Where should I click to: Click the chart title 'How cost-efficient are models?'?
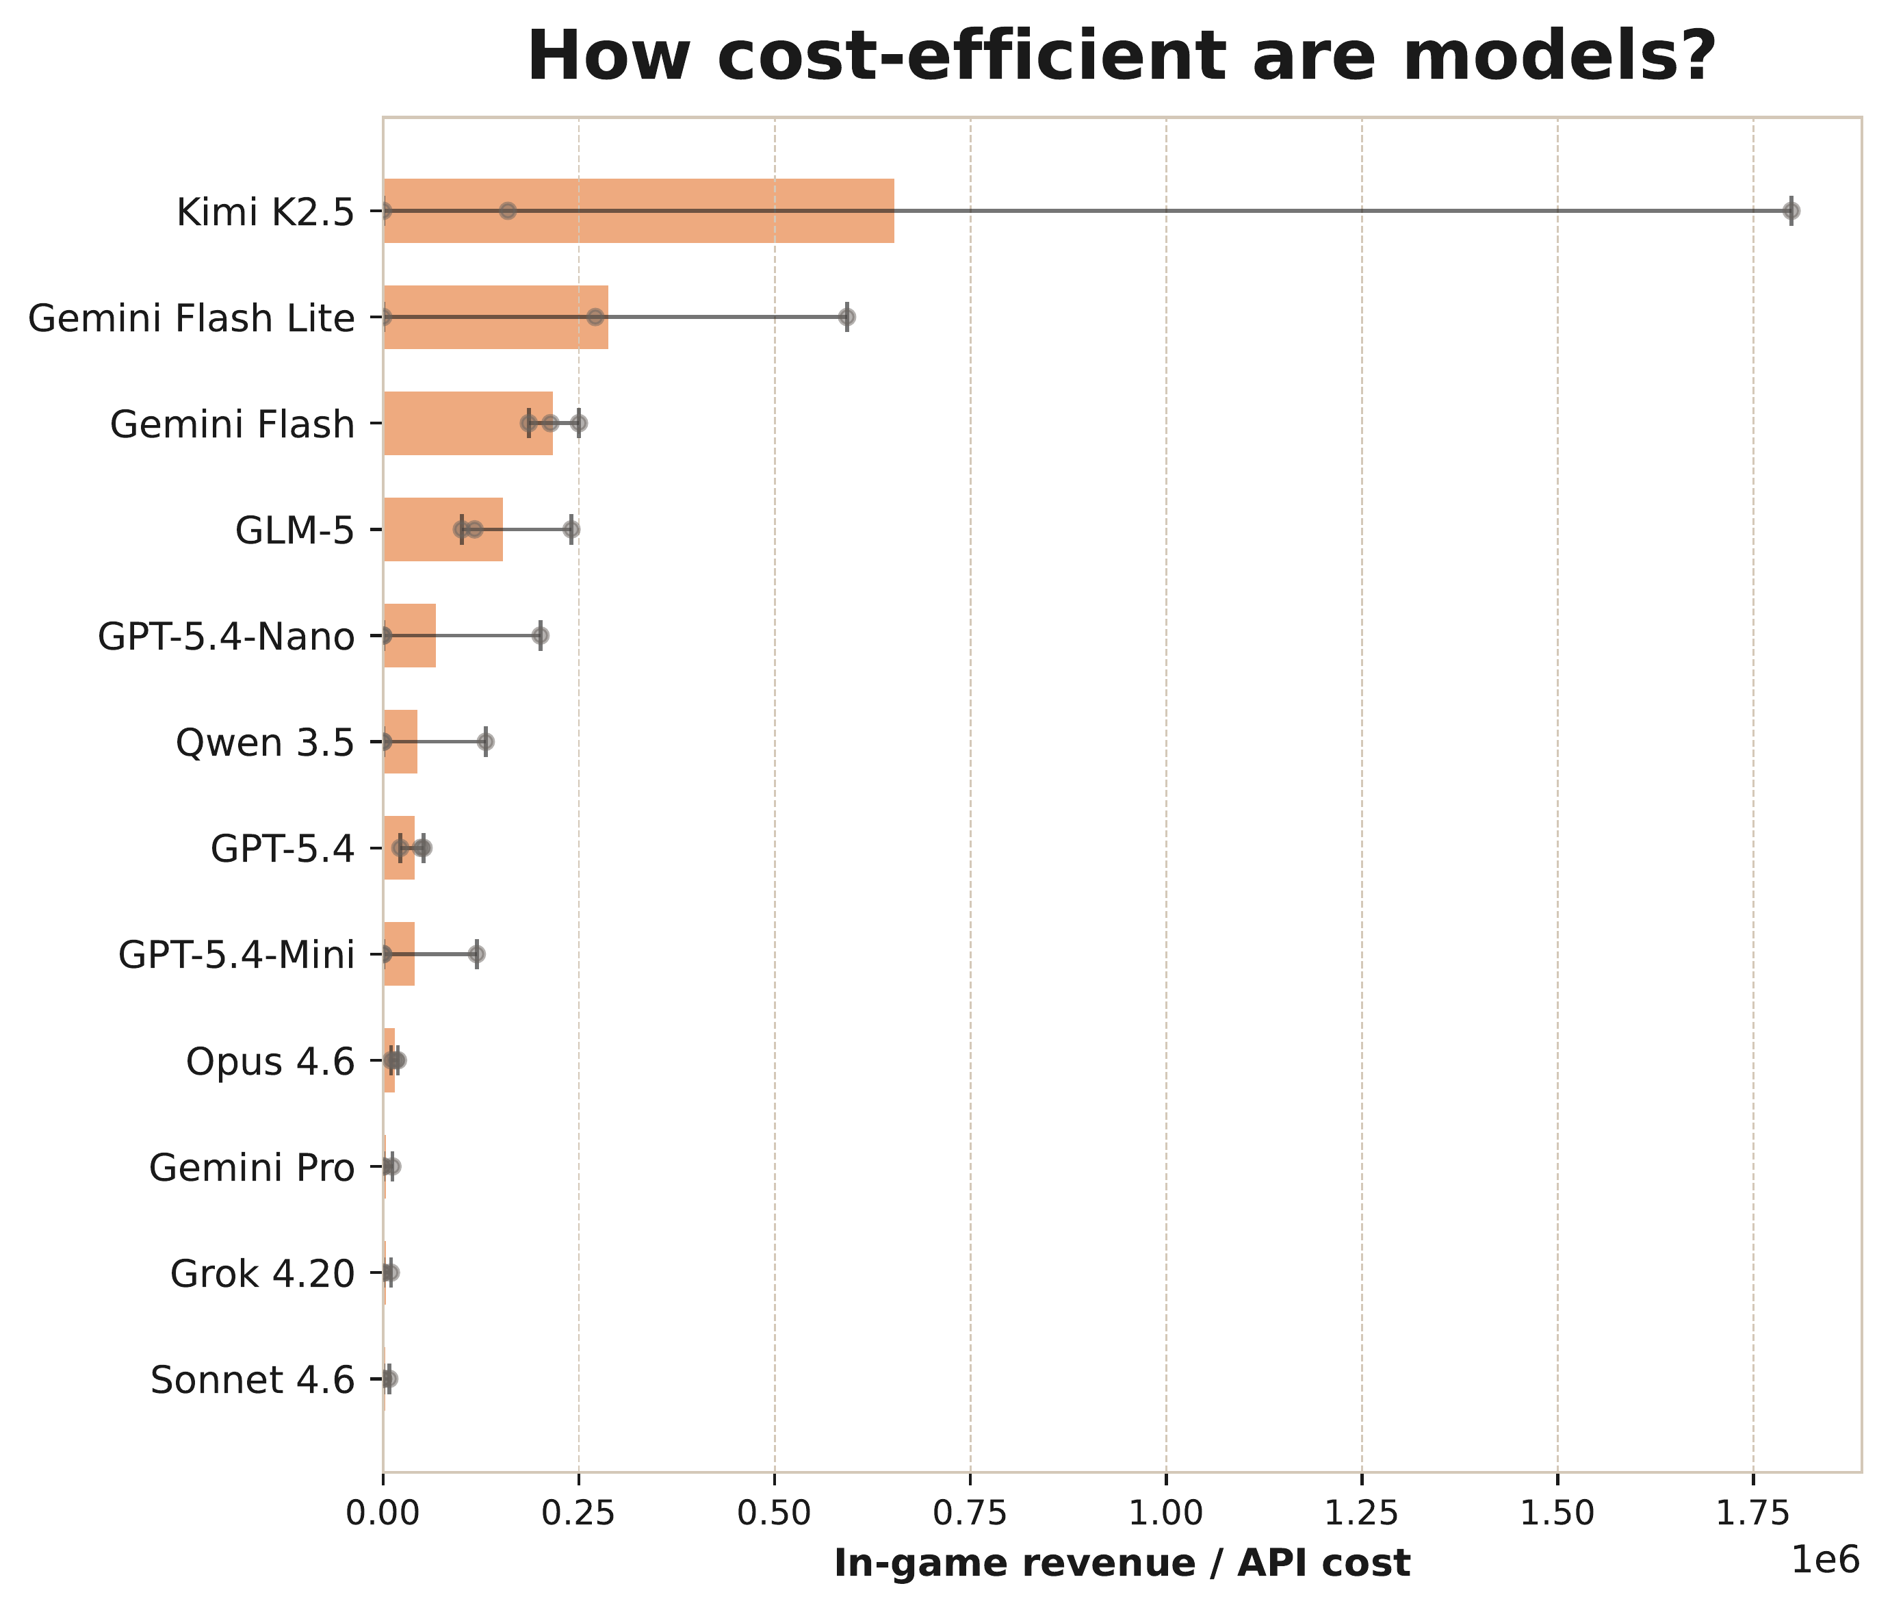pyautogui.click(x=1122, y=57)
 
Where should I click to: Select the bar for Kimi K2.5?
pyautogui.click(x=638, y=211)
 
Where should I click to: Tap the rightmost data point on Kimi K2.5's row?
pyautogui.click(x=1791, y=211)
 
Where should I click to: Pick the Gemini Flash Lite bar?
pyautogui.click(x=495, y=316)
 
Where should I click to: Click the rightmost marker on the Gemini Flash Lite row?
pyautogui.click(x=847, y=316)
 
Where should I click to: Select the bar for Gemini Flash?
pyautogui.click(x=468, y=423)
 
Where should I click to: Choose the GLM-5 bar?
pyautogui.click(x=443, y=529)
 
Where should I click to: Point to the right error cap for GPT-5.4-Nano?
pyautogui.click(x=540, y=636)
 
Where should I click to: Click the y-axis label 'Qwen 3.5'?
pyautogui.click(x=265, y=743)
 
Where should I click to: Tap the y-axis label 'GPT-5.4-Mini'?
pyautogui.click(x=236, y=955)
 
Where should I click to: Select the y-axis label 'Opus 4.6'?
pyautogui.click(x=270, y=1062)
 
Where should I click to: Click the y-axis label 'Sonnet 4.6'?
pyautogui.click(x=253, y=1380)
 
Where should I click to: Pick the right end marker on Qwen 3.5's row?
pyautogui.click(x=486, y=743)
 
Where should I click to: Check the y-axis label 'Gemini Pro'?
pyautogui.click(x=252, y=1168)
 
